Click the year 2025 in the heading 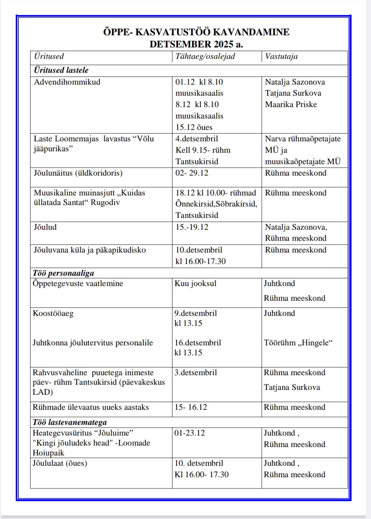(223, 44)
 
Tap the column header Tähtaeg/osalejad (205, 56)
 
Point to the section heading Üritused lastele (61, 70)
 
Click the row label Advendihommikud (67, 82)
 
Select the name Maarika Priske (291, 104)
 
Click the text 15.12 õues (194, 127)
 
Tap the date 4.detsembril (196, 139)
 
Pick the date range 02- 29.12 (192, 173)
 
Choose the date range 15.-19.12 (192, 227)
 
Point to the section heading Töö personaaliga (63, 273)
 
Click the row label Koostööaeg (53, 313)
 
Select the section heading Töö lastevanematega (70, 422)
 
